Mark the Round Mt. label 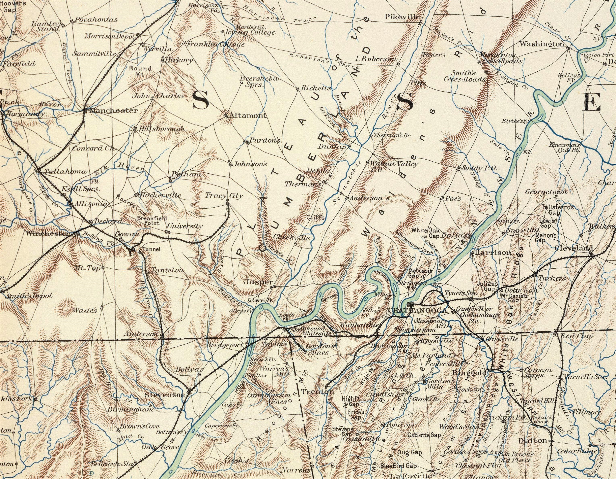[x=140, y=71]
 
